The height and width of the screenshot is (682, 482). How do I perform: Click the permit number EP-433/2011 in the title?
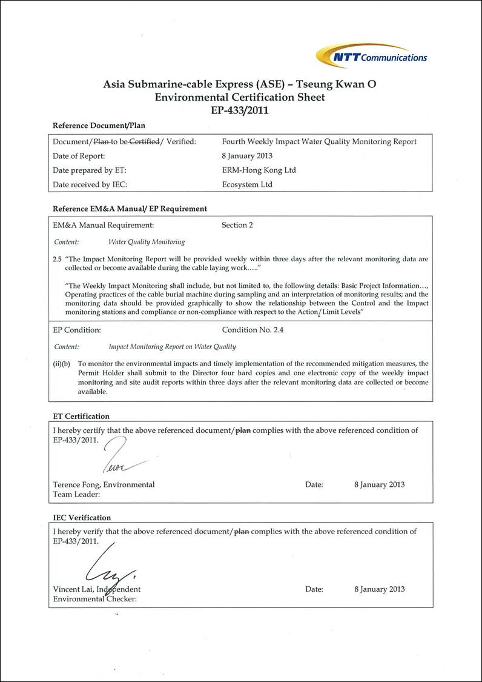[x=240, y=110]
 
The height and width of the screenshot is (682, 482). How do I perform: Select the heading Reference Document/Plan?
[x=99, y=125]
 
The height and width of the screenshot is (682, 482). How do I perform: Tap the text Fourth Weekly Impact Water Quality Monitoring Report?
[x=319, y=142]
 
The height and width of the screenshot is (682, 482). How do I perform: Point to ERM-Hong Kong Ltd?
[x=259, y=170]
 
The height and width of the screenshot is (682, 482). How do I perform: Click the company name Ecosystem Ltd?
[x=247, y=184]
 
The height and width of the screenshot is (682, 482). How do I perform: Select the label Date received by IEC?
[x=90, y=184]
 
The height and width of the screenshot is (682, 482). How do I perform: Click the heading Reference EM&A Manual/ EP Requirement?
[x=130, y=209]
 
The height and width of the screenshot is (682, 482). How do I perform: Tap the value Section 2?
[x=237, y=225]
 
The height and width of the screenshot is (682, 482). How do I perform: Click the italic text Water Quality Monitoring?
[x=147, y=242]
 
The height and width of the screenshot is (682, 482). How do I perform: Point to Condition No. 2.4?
[x=253, y=330]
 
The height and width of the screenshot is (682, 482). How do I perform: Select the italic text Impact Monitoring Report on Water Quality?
[x=172, y=347]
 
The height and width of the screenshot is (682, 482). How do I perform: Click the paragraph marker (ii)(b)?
[x=62, y=363]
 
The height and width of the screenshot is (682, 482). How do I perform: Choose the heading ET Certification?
[x=81, y=416]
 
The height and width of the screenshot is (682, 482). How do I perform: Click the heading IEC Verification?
[x=82, y=518]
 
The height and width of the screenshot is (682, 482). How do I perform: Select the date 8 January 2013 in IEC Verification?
[x=379, y=589]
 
